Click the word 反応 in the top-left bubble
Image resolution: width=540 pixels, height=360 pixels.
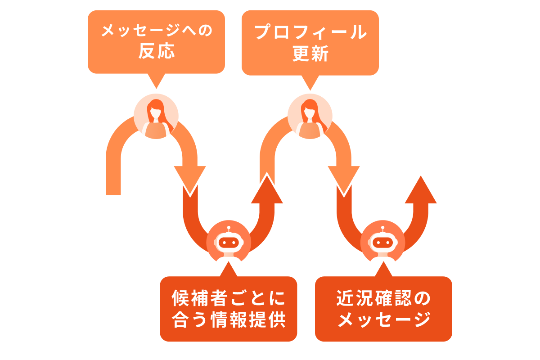point(156,52)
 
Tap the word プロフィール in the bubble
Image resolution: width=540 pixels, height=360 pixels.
point(310,32)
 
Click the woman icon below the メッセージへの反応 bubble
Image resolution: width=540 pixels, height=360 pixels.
point(156,116)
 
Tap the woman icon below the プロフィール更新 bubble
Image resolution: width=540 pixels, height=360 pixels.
point(310,116)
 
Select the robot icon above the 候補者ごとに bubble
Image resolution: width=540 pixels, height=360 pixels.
point(229,243)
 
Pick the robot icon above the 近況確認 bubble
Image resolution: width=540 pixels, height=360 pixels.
point(382,243)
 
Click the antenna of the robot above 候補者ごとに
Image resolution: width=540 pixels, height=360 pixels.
point(229,229)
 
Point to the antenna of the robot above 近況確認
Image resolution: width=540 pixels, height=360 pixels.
point(382,229)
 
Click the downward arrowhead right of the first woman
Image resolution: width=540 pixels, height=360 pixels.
point(190,180)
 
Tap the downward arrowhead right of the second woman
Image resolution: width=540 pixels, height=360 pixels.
point(343,180)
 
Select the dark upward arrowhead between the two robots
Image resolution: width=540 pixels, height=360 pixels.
point(267,189)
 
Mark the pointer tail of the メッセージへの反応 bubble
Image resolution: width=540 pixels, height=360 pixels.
point(156,81)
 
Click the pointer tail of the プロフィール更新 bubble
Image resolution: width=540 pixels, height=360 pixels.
point(310,82)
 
